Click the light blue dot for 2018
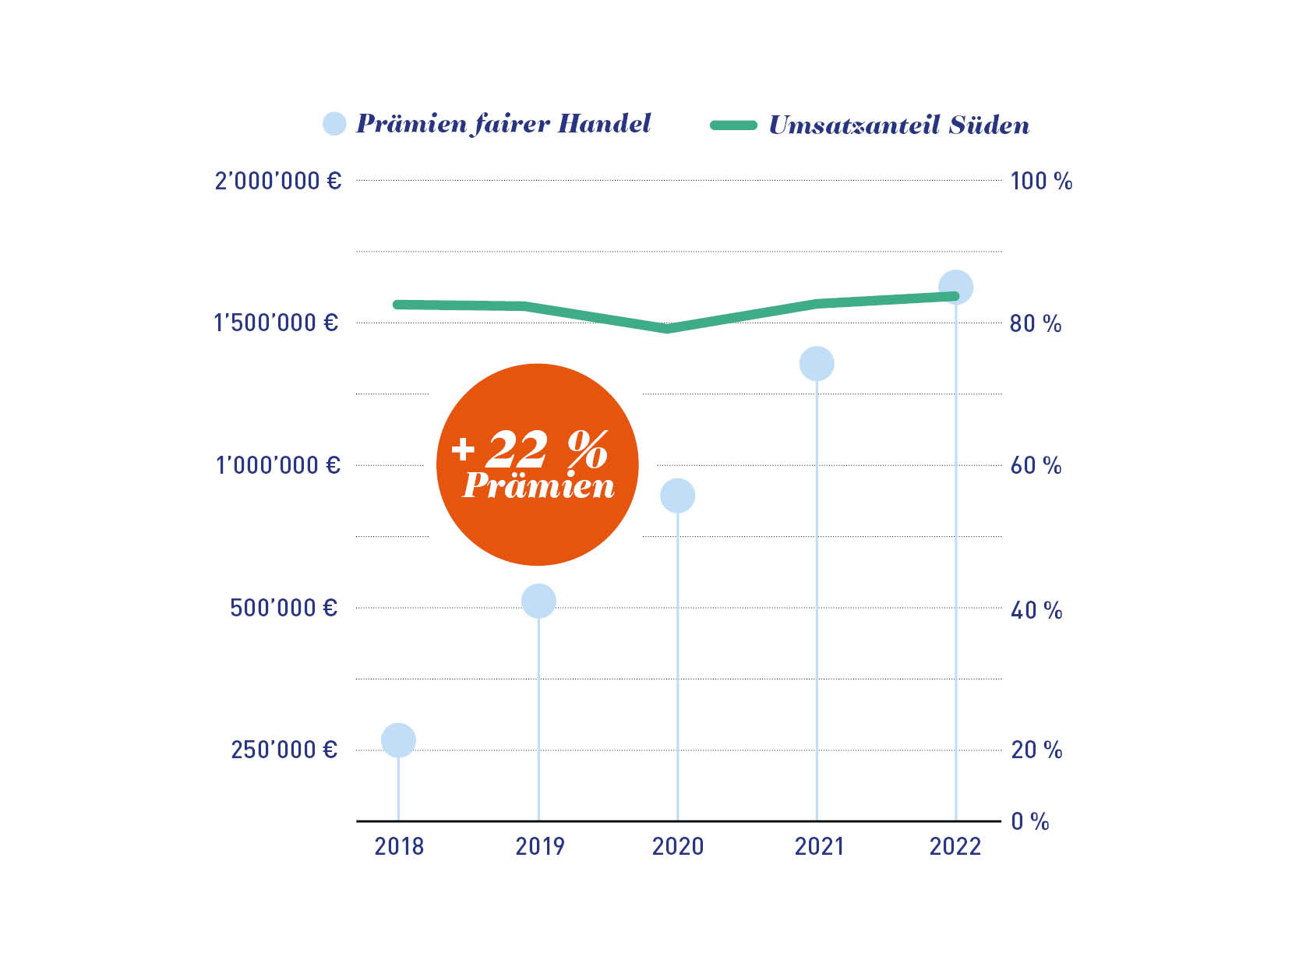click(398, 739)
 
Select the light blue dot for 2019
click(538, 601)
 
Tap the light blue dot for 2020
click(677, 496)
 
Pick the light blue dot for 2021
click(817, 363)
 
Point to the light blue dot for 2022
click(956, 287)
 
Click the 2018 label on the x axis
click(399, 846)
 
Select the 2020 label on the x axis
click(677, 846)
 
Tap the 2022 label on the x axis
click(955, 846)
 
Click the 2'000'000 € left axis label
click(278, 181)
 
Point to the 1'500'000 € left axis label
click(276, 323)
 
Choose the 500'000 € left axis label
click(284, 608)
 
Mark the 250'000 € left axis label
click(284, 750)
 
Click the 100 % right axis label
click(1041, 182)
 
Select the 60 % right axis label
click(1036, 466)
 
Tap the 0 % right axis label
click(1029, 821)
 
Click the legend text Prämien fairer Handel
click(503, 124)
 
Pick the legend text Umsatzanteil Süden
click(898, 125)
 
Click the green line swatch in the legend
click(733, 125)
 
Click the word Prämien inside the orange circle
click(538, 486)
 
